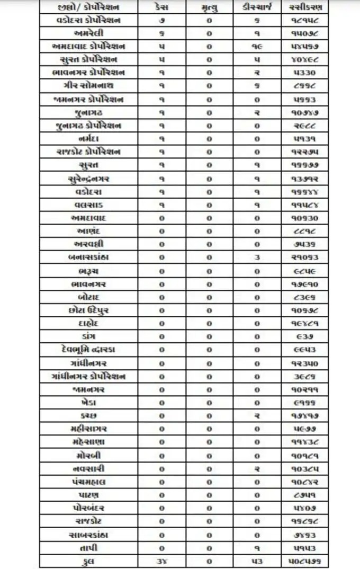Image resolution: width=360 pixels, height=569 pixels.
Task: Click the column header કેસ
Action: coord(161,7)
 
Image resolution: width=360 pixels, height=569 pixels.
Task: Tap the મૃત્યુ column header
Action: coord(209,7)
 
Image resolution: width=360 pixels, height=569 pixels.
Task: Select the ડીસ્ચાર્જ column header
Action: coord(257,7)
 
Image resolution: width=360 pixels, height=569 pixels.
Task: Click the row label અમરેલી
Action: coord(88,33)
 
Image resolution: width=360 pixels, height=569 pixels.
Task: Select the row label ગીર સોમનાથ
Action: coord(88,86)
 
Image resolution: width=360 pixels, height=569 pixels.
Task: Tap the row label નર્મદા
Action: coord(88,138)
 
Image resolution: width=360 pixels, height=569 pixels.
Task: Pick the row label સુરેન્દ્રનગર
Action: coord(88,178)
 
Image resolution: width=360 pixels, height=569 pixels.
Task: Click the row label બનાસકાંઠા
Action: coord(88,257)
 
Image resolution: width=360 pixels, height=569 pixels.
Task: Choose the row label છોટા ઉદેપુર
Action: coord(88,309)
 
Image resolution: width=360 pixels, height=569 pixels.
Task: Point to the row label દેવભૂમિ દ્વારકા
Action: coord(88,349)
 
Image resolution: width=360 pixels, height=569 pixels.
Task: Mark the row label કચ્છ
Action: coord(88,415)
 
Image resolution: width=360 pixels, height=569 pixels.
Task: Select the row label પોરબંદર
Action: coord(88,507)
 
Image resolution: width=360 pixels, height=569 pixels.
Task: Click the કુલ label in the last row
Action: coord(88,561)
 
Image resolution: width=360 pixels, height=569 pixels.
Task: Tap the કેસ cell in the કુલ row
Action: coord(161,561)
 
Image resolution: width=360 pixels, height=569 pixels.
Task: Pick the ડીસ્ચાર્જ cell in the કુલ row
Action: coord(257,561)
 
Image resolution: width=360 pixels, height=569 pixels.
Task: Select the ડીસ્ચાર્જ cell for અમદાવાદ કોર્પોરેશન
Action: coord(257,47)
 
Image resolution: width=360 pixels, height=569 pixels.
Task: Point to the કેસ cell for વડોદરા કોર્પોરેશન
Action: coord(161,21)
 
